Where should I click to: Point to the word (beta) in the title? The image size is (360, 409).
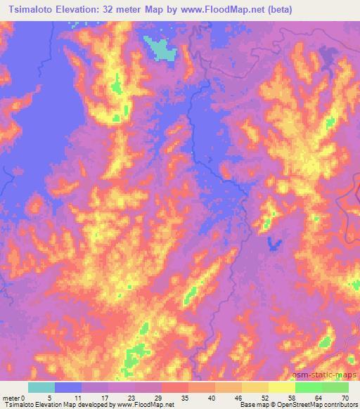(276, 10)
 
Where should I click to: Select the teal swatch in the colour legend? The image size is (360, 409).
(41, 387)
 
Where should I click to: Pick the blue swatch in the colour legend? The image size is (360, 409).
(68, 387)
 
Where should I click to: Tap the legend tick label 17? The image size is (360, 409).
(108, 398)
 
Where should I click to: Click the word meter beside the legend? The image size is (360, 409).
(12, 398)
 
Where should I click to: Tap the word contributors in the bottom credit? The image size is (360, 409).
(337, 405)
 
